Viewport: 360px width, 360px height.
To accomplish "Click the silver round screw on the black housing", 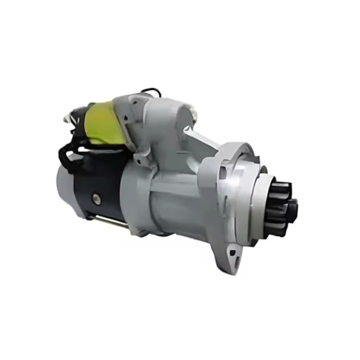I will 95,197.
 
